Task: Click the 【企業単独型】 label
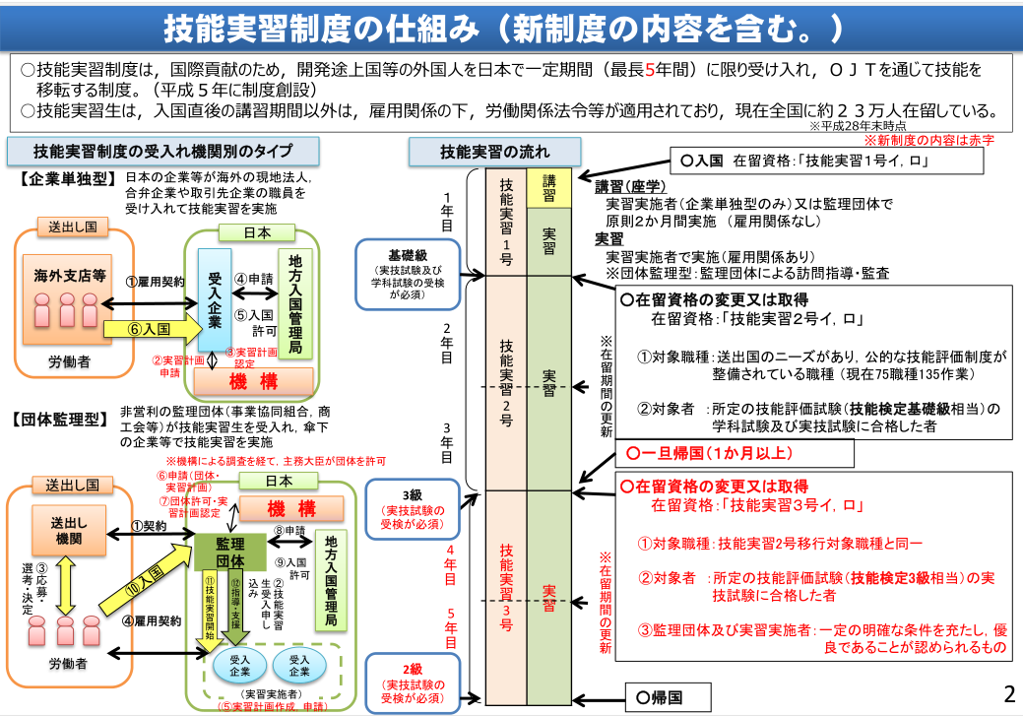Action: [61, 181]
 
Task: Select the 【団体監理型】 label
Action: [61, 419]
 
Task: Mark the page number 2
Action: [1007, 693]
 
